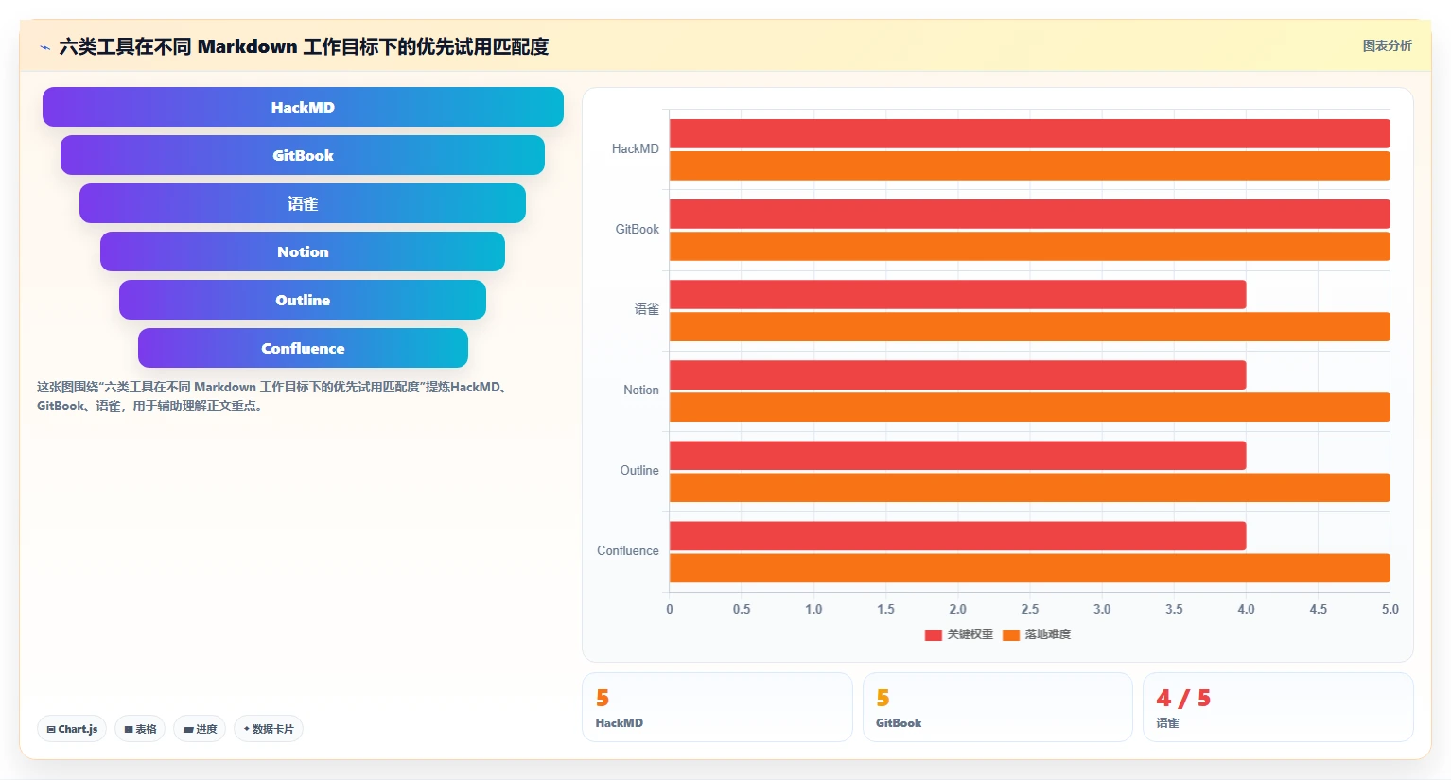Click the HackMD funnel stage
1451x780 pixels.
[x=303, y=107]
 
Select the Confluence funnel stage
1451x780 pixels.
[x=303, y=348]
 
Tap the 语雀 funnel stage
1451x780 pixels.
[x=303, y=203]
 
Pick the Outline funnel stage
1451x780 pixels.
[x=303, y=300]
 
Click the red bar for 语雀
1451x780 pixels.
[x=957, y=295]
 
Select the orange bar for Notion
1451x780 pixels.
[x=1030, y=407]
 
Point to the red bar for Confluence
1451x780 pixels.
[x=957, y=536]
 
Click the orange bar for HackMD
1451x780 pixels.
[x=1030, y=165]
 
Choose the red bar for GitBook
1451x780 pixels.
[x=1030, y=215]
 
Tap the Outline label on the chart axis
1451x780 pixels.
[x=639, y=471]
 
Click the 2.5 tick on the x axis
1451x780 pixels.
[x=1030, y=609]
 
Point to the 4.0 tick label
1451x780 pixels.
[x=1246, y=609]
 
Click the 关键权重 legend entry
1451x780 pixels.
[x=959, y=634]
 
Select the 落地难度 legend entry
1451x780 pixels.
[x=1037, y=634]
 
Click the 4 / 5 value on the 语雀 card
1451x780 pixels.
[x=1183, y=698]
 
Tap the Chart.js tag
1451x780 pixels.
[x=72, y=729]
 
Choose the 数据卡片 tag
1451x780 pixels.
[x=269, y=729]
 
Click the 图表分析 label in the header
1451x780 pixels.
[x=1387, y=46]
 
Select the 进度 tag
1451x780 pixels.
[x=200, y=729]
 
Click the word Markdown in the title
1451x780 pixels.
[x=248, y=46]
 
